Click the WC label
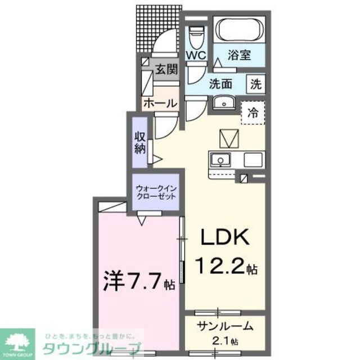click(196, 56)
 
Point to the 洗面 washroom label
click(221, 84)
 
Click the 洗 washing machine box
click(256, 84)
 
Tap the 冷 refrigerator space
click(253, 112)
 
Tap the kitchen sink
click(221, 159)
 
